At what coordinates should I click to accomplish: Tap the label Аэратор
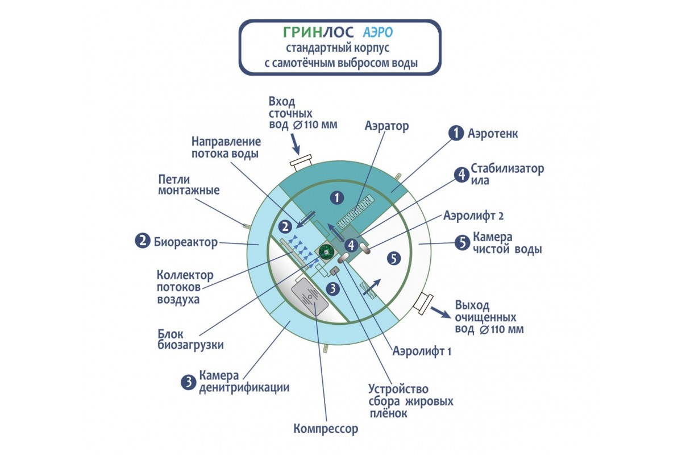click(386, 126)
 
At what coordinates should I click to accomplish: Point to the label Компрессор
click(326, 428)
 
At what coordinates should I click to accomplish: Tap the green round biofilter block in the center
click(326, 251)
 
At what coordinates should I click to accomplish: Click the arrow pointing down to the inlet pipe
click(296, 147)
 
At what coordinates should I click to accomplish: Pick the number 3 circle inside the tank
click(334, 288)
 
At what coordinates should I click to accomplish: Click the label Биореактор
click(186, 242)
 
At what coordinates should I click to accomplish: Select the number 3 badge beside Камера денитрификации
click(188, 382)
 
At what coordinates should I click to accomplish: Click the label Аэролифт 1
click(422, 351)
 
